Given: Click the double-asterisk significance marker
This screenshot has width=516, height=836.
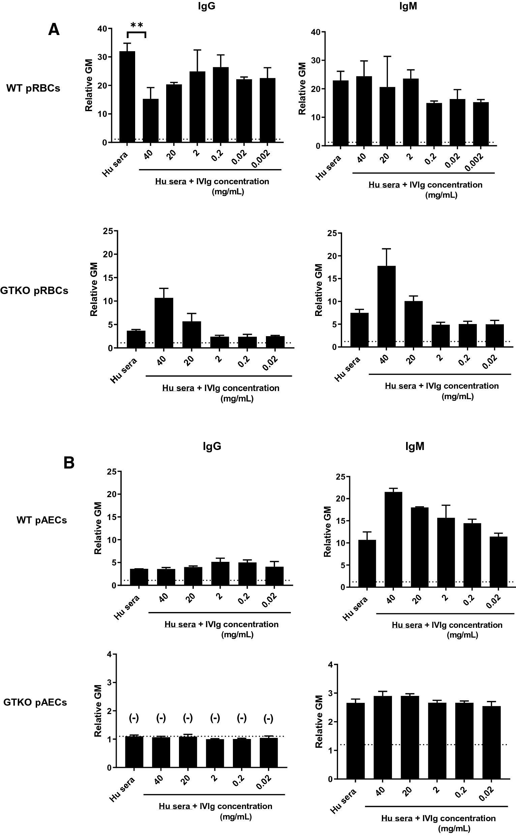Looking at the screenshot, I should (136, 25).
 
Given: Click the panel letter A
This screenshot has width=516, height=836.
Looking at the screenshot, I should (54, 30).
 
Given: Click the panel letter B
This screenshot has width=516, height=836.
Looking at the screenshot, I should (69, 463).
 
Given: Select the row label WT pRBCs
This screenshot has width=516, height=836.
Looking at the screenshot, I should (33, 88).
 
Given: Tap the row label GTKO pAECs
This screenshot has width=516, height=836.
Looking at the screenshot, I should (35, 702).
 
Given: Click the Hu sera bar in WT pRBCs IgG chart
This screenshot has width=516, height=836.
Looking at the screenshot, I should (127, 97).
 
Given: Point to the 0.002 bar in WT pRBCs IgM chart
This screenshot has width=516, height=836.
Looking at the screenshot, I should (481, 124).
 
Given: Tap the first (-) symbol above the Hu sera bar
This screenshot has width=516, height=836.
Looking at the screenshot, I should (134, 718).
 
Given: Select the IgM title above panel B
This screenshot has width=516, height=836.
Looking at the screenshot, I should (415, 446).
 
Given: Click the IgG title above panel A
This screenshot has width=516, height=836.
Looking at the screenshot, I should (207, 6).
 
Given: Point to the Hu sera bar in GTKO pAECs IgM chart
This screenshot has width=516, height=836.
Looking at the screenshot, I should (355, 741).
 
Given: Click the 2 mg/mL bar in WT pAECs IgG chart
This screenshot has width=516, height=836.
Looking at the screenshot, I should (220, 574).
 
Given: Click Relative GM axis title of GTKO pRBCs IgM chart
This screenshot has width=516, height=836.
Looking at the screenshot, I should (318, 290).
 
